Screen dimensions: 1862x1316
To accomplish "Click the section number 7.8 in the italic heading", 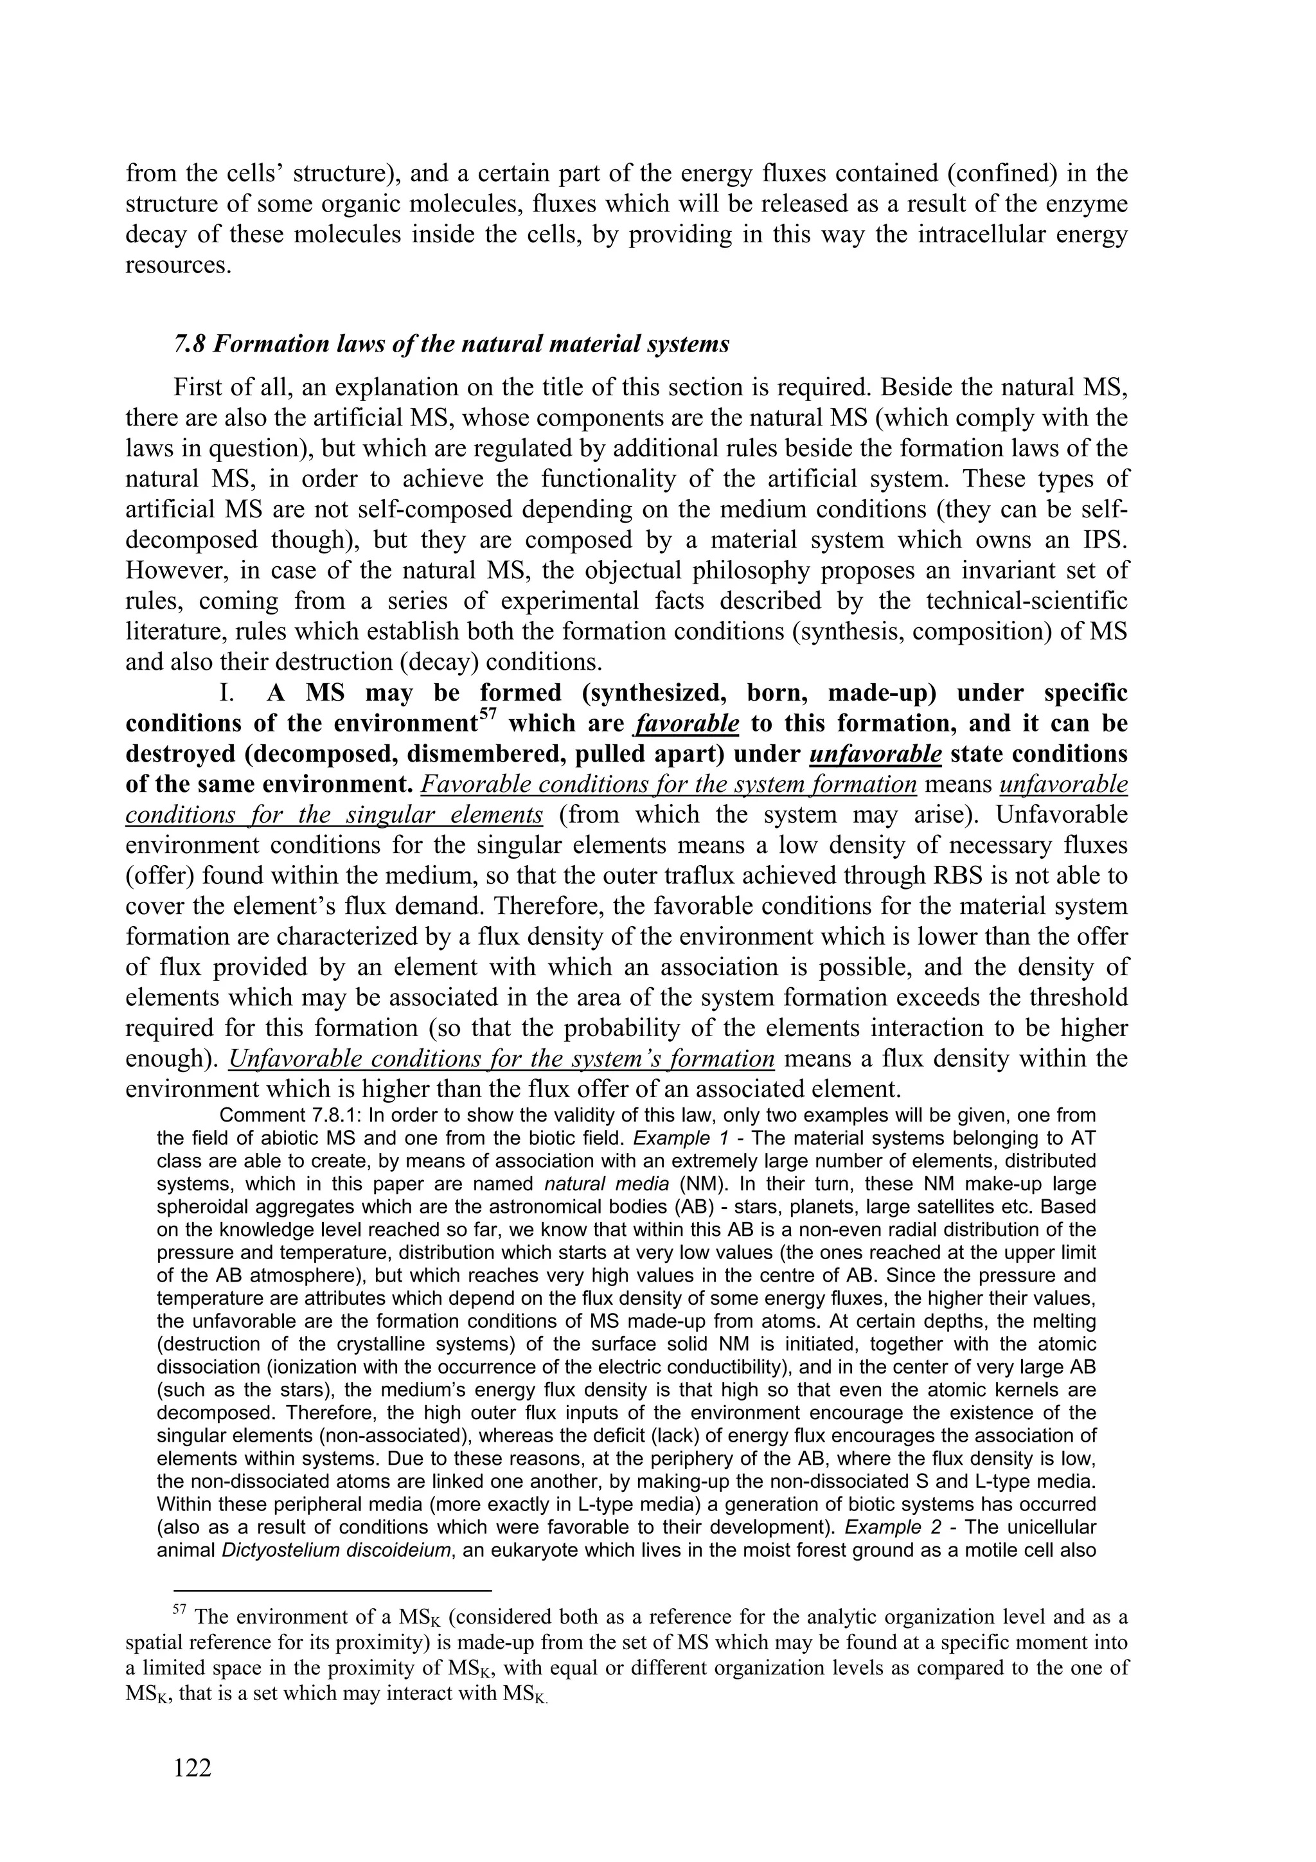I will point(191,345).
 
